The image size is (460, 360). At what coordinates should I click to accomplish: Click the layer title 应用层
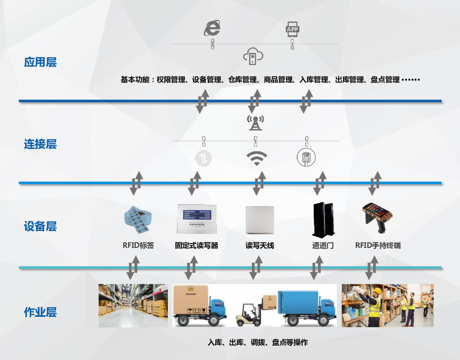(40, 62)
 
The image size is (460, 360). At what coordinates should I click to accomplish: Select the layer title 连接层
(40, 144)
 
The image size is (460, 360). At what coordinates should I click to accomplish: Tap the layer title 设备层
(40, 226)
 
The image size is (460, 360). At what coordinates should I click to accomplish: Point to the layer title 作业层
(40, 312)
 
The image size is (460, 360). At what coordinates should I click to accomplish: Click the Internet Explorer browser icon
(212, 28)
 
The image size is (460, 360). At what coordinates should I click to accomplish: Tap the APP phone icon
(292, 30)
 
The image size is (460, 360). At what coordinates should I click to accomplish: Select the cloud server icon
(253, 56)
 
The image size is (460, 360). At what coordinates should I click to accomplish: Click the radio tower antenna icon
(254, 122)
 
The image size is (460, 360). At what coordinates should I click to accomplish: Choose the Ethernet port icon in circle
(306, 158)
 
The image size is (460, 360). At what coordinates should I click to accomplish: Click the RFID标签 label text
(138, 245)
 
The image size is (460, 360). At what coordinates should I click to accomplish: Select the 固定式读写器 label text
(197, 245)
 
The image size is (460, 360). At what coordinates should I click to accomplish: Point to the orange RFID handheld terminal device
(377, 216)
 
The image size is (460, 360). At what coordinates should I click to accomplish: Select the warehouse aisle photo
(133, 305)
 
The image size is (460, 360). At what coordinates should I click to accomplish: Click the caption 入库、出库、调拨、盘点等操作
(257, 343)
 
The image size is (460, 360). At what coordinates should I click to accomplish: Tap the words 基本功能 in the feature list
(134, 80)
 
